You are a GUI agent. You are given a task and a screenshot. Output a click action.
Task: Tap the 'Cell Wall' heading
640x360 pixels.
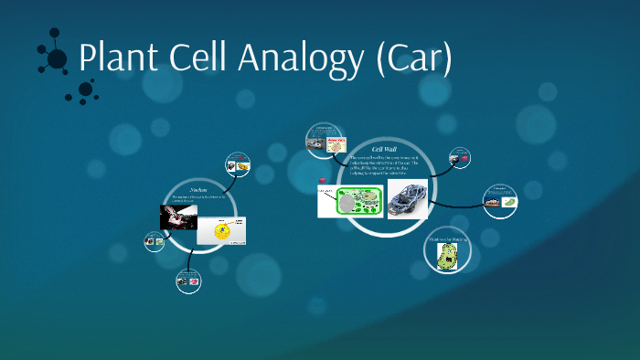click(x=384, y=148)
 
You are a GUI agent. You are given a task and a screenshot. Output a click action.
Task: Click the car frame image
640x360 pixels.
click(x=407, y=199)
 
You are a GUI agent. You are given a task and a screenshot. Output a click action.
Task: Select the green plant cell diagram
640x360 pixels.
click(x=349, y=201)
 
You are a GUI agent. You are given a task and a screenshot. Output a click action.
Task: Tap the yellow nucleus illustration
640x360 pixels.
click(x=222, y=230)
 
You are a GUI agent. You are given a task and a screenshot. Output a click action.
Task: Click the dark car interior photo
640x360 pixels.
click(x=179, y=217)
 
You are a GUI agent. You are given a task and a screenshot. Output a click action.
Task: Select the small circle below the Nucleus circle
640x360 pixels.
click(x=189, y=281)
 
